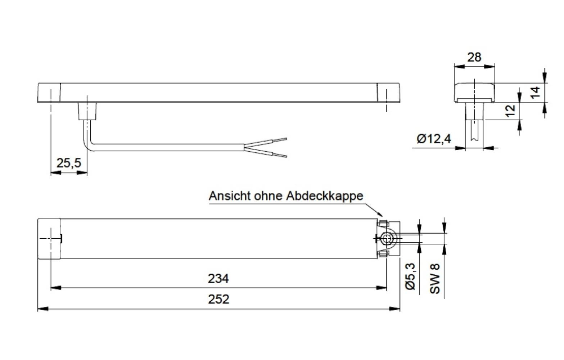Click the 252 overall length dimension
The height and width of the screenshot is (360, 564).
point(218,299)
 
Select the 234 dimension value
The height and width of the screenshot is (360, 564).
point(218,279)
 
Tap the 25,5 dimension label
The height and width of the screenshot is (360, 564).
point(69,163)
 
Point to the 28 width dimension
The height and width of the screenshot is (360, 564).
point(474,57)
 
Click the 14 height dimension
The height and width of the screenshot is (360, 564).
point(536,93)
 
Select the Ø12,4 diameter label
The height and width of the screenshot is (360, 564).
point(434,139)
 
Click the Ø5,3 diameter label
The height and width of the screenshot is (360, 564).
point(411,276)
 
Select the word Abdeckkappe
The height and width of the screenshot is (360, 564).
point(325,196)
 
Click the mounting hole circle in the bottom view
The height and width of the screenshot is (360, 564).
point(387,238)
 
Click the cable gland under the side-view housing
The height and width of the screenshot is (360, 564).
point(87,111)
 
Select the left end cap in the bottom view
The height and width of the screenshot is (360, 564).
point(49,238)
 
